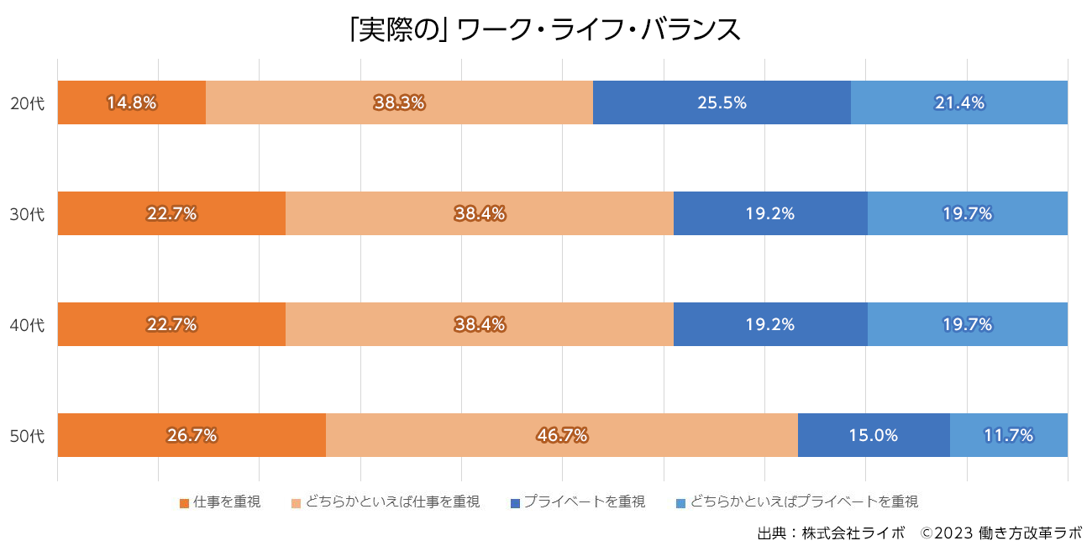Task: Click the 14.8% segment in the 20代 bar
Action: [132, 102]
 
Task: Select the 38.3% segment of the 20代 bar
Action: [399, 102]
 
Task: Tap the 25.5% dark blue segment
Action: [722, 102]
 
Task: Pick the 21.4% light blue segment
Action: [958, 102]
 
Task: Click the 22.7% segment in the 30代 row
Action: [171, 213]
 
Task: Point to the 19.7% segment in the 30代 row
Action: [967, 213]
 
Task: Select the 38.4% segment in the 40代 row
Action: [480, 324]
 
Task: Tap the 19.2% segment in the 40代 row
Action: [769, 324]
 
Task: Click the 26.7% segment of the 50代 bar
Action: [192, 435]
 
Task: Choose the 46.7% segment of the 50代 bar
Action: [561, 435]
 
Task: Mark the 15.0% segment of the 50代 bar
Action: [873, 435]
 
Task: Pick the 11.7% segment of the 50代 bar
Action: [1008, 435]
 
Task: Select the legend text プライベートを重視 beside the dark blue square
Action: [585, 502]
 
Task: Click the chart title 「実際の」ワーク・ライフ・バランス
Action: [545, 29]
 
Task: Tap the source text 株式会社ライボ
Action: [853, 533]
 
